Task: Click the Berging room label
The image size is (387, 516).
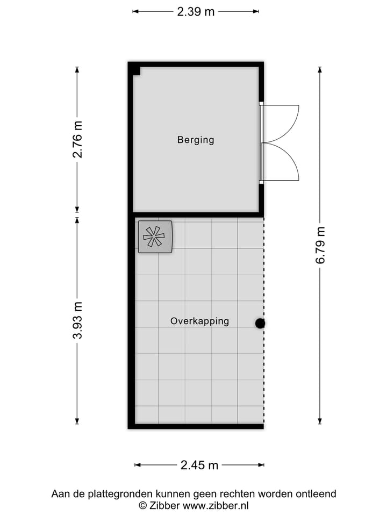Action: pos(196,140)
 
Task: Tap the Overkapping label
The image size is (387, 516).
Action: pos(199,321)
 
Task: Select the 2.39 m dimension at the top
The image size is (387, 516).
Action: pos(196,11)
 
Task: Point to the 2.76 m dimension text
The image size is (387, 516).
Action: pos(78,139)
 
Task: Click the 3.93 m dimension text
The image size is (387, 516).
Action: pos(78,321)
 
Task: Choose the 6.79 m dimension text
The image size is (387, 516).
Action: pos(321,245)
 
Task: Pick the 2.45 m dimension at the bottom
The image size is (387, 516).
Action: pos(199,465)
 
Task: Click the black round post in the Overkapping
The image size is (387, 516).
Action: pos(260,323)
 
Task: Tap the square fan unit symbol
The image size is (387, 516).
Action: pos(155,236)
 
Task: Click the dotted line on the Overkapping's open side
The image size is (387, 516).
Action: pos(263,376)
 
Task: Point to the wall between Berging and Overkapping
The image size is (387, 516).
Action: pos(196,214)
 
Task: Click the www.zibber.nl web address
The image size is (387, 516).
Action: pos(216,505)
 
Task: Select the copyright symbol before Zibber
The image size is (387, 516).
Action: pos(143,505)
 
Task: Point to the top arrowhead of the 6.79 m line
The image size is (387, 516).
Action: pos(320,69)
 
